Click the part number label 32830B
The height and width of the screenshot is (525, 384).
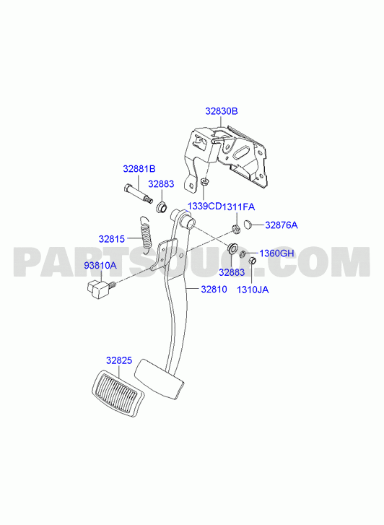(222, 111)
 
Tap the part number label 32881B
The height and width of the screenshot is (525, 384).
(139, 169)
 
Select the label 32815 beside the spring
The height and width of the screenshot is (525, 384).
(111, 239)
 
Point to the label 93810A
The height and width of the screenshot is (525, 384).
(100, 266)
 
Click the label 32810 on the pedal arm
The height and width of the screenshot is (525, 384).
(214, 289)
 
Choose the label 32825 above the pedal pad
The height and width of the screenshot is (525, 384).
(119, 360)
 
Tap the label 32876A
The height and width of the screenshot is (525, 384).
(282, 225)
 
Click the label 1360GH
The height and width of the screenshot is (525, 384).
(277, 253)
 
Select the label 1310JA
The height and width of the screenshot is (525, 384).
(253, 290)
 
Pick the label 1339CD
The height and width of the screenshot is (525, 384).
(204, 207)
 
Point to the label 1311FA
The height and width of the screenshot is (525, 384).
(238, 207)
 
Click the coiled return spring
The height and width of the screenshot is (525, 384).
(146, 234)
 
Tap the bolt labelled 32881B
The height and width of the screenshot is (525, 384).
(139, 194)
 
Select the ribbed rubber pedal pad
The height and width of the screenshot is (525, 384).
(118, 394)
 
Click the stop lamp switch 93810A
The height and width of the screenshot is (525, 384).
(99, 289)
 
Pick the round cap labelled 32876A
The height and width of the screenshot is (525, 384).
(248, 224)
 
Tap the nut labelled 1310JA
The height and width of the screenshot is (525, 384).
(252, 260)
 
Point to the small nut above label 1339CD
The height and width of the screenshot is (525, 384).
(204, 182)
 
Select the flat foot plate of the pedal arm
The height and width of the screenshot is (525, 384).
(160, 379)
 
